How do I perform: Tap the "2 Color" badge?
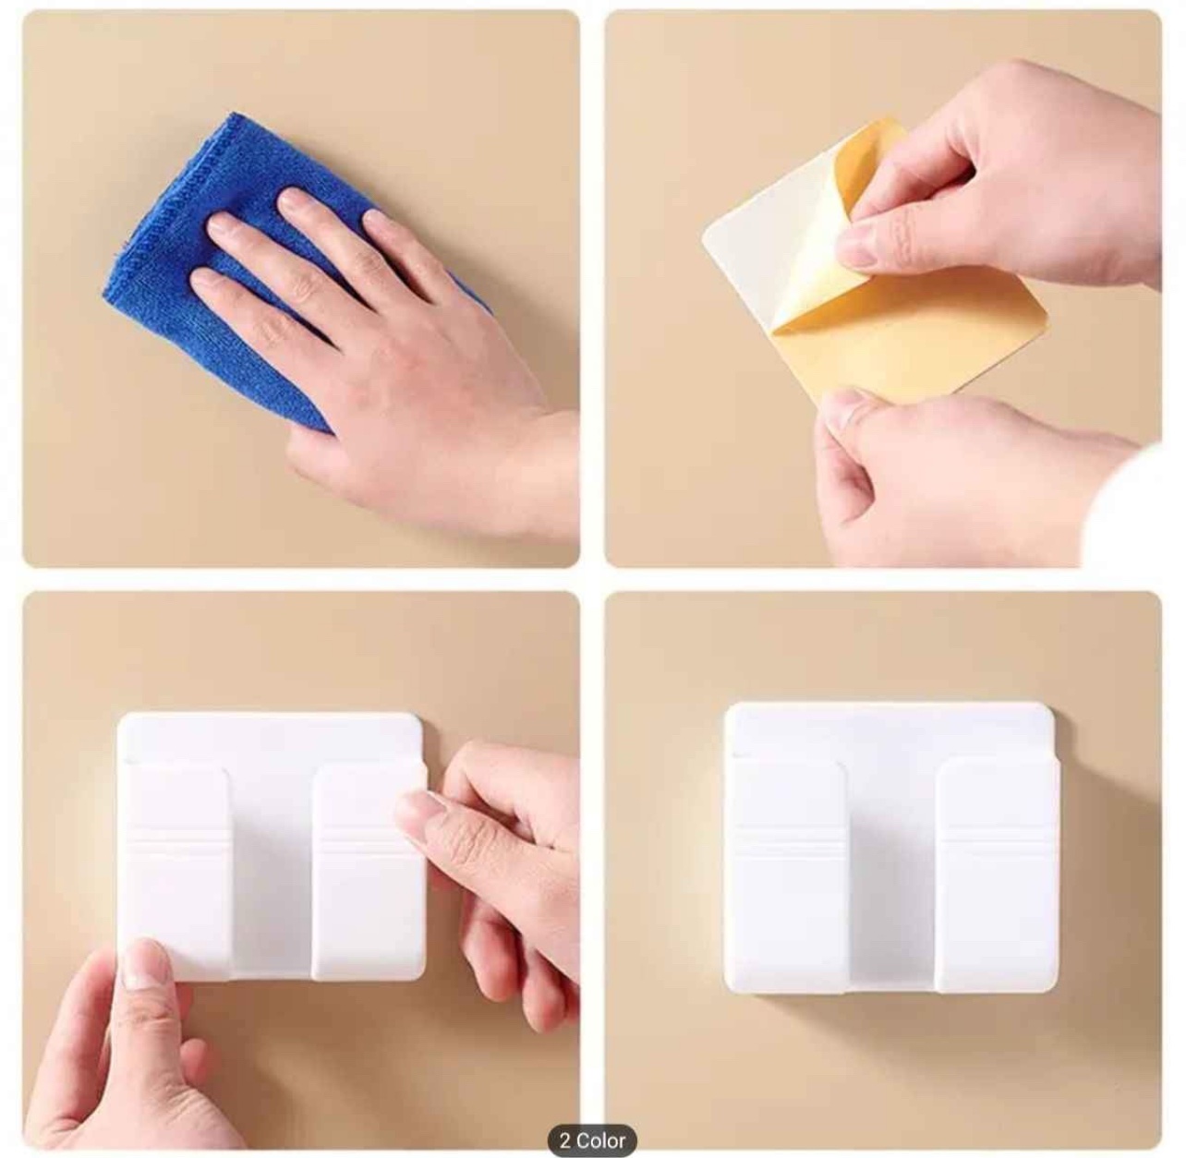click(x=592, y=1123)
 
